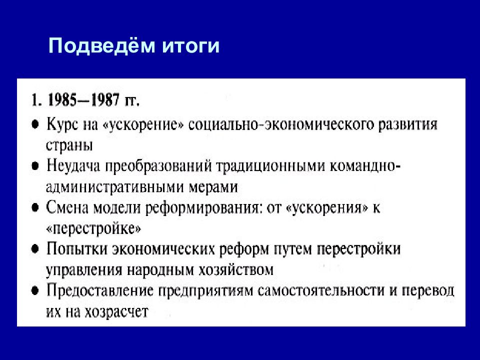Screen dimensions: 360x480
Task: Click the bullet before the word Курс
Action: tap(35, 124)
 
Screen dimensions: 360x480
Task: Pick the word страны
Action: tap(69, 144)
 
